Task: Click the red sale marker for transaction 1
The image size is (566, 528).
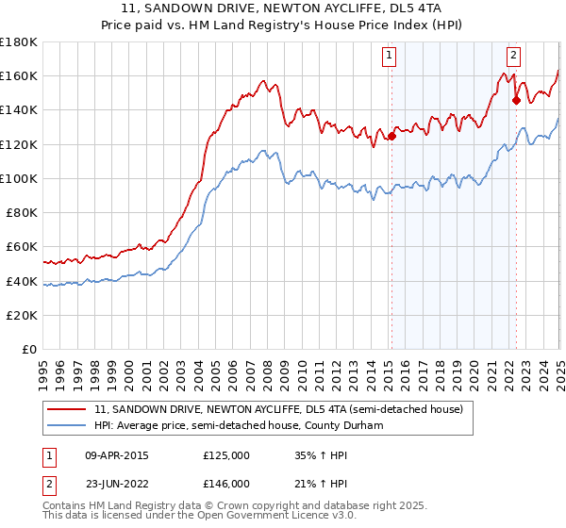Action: point(391,135)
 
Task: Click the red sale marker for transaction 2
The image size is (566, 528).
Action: point(516,99)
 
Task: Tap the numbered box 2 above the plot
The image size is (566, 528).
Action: point(513,56)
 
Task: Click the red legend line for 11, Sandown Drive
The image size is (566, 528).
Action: point(67,410)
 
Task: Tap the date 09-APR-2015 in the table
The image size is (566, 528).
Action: point(117,455)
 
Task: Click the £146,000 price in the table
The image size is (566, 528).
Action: point(225,483)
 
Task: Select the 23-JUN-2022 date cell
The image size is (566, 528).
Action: point(117,483)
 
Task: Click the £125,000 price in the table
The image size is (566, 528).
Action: point(225,455)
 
